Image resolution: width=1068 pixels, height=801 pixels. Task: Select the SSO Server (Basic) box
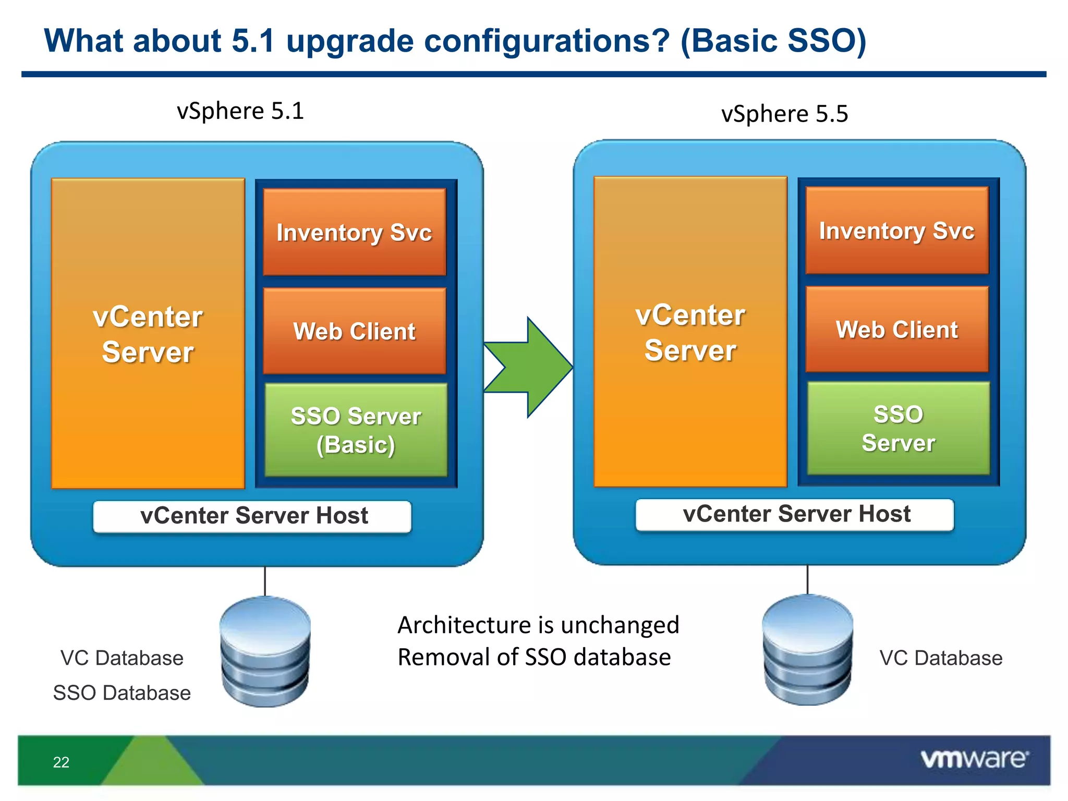point(356,430)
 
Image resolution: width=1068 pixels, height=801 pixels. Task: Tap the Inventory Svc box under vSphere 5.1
point(355,233)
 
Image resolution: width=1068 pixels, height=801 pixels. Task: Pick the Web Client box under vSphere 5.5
point(897,330)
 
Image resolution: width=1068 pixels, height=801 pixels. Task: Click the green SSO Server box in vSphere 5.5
point(898,428)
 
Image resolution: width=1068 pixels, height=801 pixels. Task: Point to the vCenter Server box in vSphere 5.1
point(148,334)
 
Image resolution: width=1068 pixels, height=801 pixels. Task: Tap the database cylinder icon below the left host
point(265,652)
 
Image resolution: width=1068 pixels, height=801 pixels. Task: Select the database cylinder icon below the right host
point(807,650)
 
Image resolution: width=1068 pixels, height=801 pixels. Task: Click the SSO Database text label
point(122,693)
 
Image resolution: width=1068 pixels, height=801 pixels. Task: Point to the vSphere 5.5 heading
point(784,114)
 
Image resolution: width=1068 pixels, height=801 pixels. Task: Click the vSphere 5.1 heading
point(240,111)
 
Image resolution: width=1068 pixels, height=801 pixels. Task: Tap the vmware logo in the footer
point(974,759)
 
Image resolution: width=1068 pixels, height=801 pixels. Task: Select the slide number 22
point(61,762)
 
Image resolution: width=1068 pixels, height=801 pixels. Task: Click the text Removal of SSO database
point(534,657)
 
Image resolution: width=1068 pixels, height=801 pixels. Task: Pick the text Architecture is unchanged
point(538,625)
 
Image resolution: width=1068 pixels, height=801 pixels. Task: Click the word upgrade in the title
point(350,42)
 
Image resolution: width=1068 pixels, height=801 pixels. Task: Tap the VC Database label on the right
point(941,658)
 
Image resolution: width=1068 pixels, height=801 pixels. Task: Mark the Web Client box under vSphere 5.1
point(355,332)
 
